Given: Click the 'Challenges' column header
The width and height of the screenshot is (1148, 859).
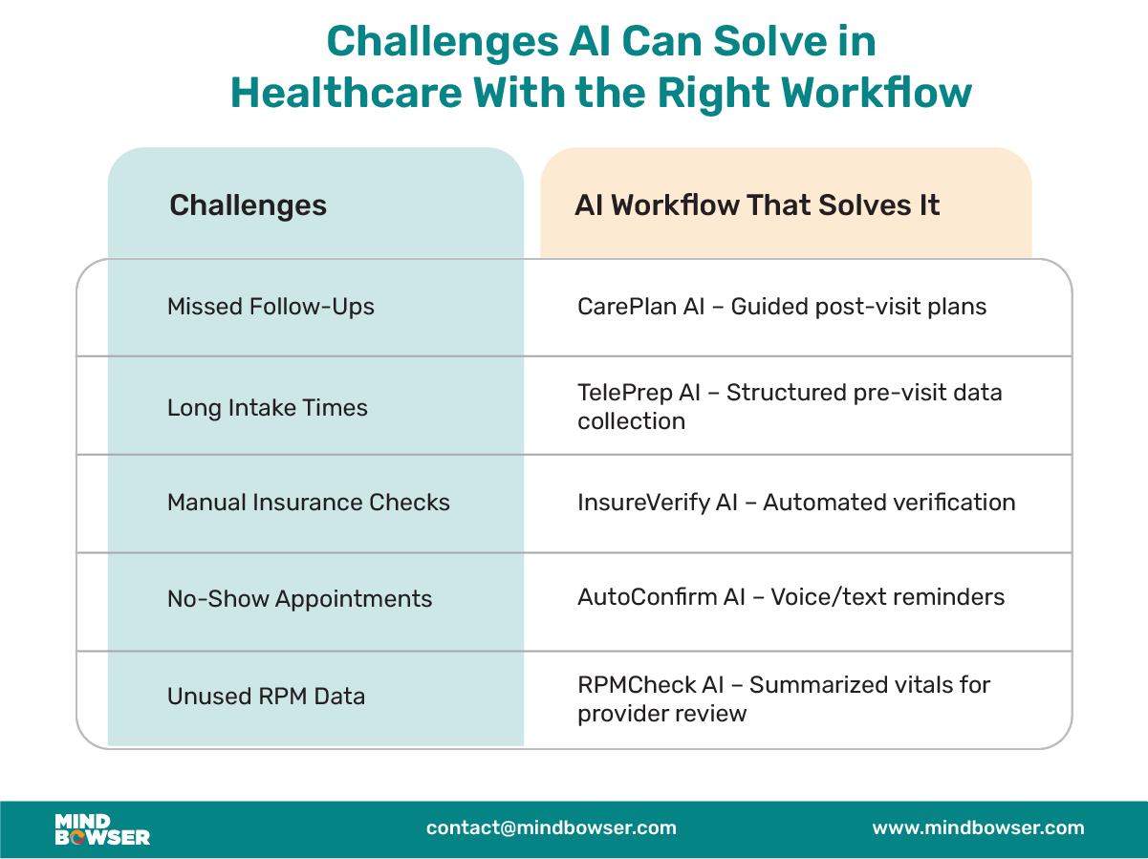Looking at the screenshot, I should click(248, 205).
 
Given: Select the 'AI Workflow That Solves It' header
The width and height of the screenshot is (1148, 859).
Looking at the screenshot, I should click(757, 205).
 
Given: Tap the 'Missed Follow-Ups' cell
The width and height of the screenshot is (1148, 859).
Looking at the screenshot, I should click(271, 307).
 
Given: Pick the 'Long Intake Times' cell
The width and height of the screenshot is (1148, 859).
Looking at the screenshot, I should click(267, 408).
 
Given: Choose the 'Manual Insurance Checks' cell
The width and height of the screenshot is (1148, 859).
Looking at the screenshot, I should click(308, 503).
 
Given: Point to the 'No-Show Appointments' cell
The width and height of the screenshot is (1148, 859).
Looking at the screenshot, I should click(299, 599).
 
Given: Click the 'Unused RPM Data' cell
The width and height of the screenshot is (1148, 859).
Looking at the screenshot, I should click(266, 697).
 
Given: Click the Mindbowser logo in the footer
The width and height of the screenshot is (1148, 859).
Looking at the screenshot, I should click(101, 829).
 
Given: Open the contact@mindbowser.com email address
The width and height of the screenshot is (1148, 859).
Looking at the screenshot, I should click(551, 828).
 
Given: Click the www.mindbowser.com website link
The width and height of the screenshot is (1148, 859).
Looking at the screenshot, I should click(978, 828).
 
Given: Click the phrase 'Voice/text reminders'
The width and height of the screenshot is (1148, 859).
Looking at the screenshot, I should click(887, 598).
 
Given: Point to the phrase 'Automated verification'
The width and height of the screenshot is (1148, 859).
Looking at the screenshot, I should click(889, 503).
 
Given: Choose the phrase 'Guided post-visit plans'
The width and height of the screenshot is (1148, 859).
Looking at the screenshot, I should click(858, 307).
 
